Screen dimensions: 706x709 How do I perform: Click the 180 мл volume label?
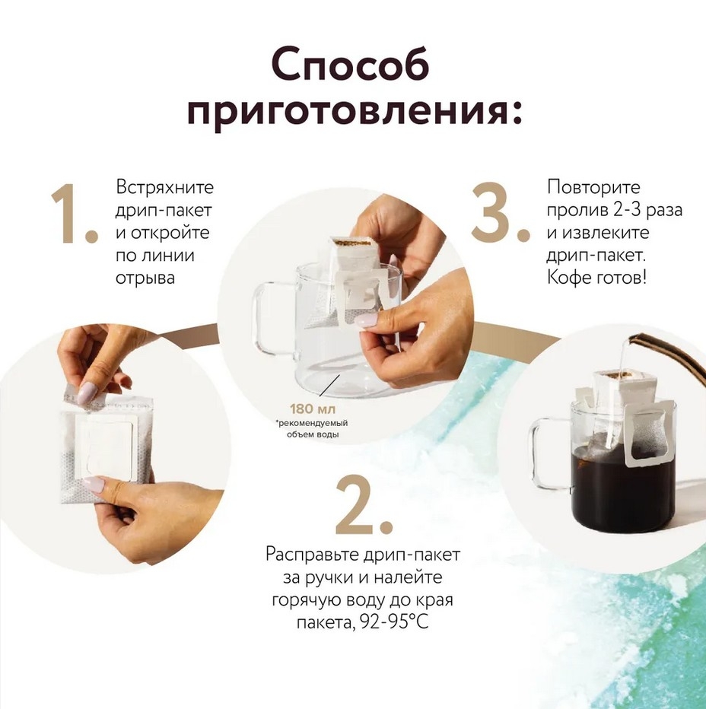tap(313, 409)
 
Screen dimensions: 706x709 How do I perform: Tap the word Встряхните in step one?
tap(164, 187)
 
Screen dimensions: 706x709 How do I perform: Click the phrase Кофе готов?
tap(596, 278)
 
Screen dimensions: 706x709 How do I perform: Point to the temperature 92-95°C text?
tap(394, 623)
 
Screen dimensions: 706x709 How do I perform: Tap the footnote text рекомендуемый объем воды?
tap(313, 428)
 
